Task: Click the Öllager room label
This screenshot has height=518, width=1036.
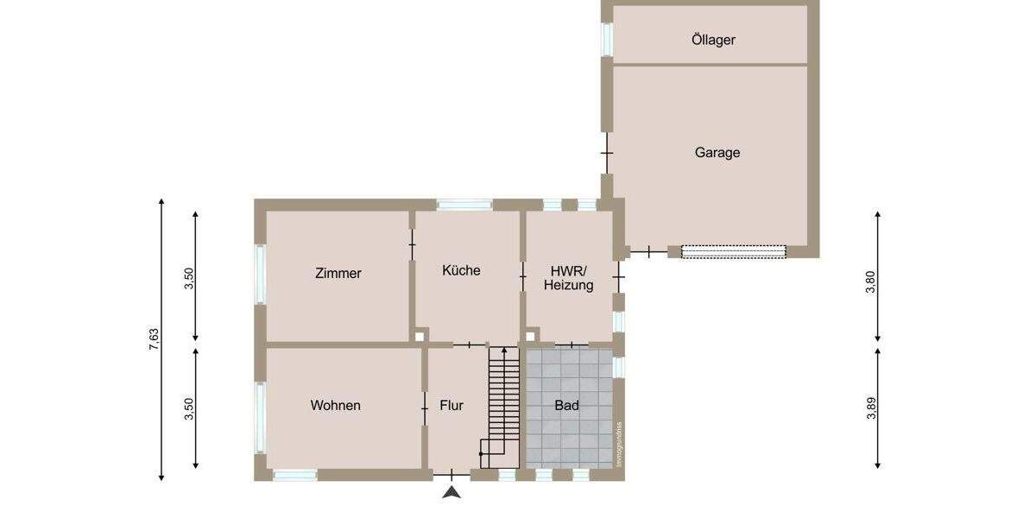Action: [x=713, y=40]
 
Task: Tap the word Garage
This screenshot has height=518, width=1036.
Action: [x=717, y=153]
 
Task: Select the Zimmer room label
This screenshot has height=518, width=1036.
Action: [x=338, y=274]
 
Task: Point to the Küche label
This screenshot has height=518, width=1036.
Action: [x=461, y=270]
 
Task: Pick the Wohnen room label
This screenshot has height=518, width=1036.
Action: [x=336, y=406]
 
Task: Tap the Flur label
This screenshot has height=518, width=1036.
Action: [x=452, y=406]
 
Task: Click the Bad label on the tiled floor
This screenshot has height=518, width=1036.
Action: [x=567, y=405]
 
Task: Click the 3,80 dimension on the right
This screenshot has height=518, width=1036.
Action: [x=870, y=282]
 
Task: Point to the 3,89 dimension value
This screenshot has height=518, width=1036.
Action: [x=870, y=408]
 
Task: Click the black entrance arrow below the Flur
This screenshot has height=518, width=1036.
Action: [x=452, y=492]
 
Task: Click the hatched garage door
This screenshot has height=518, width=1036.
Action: [x=734, y=251]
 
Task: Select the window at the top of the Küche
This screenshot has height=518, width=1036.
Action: [x=464, y=205]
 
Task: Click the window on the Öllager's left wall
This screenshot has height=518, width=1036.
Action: [x=607, y=39]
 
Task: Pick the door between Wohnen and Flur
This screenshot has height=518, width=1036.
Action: [x=425, y=407]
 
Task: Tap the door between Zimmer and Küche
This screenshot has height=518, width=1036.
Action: [x=412, y=245]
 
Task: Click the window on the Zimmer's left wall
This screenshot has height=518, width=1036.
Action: [x=260, y=274]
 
